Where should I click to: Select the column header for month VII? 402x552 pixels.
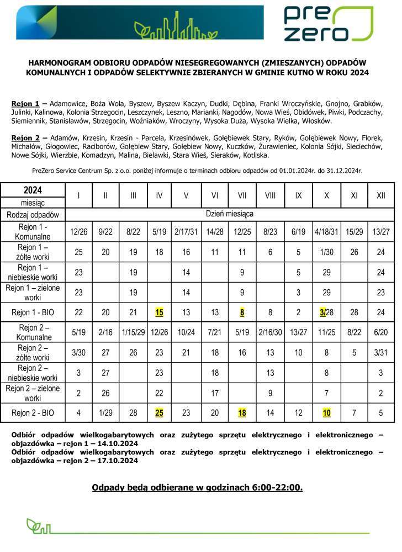(x=242, y=195)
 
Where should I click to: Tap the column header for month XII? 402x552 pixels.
(x=381, y=195)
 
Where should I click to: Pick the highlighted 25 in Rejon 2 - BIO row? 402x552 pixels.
(x=160, y=412)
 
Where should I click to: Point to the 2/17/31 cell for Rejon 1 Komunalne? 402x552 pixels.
(x=186, y=232)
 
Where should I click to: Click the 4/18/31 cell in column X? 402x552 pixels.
(x=326, y=232)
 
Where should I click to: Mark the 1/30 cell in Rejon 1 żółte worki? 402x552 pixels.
(x=326, y=252)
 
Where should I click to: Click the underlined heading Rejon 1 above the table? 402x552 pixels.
(x=25, y=104)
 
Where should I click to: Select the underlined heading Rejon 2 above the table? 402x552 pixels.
(x=25, y=137)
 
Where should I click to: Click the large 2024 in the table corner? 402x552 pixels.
(x=33, y=190)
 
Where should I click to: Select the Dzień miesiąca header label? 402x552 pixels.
(x=229, y=213)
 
